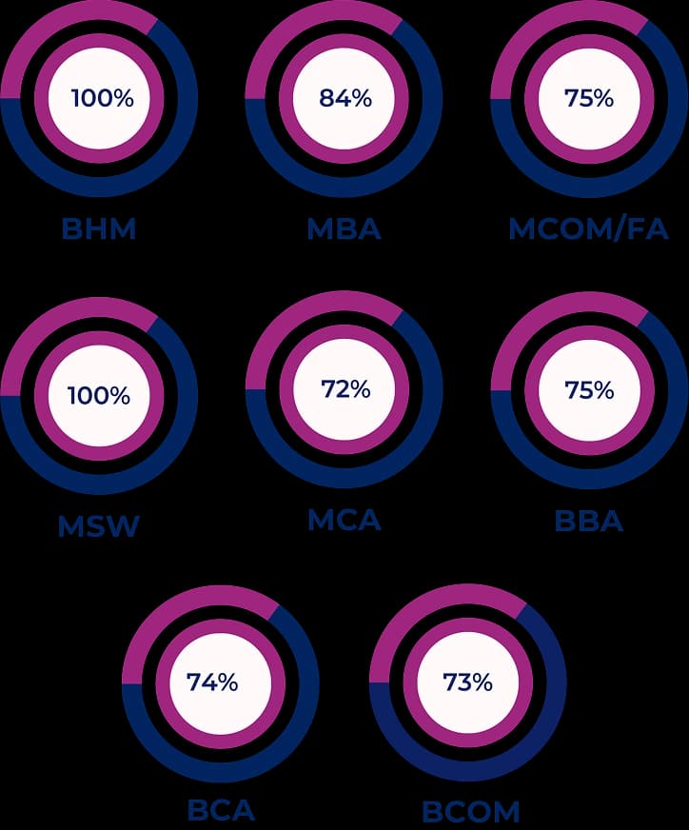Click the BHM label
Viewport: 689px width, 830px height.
[x=98, y=229]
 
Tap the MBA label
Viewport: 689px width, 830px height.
[x=344, y=229]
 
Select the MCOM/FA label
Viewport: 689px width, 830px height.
[x=588, y=229]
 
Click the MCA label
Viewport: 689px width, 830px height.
[x=344, y=520]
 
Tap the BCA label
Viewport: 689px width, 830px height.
[x=221, y=811]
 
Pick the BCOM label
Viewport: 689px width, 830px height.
[x=470, y=812]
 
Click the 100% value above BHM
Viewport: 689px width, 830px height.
[x=102, y=97]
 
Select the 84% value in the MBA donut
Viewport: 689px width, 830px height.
[x=345, y=97]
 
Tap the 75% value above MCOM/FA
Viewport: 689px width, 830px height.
[x=589, y=97]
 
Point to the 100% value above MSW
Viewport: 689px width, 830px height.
[x=99, y=394]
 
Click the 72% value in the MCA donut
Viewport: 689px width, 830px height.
[x=344, y=389]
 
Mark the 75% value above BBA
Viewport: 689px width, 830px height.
[x=589, y=390]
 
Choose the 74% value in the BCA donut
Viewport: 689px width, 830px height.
[x=212, y=682]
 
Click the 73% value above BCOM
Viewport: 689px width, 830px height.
[x=467, y=682]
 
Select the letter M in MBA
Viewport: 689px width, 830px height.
[x=321, y=229]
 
